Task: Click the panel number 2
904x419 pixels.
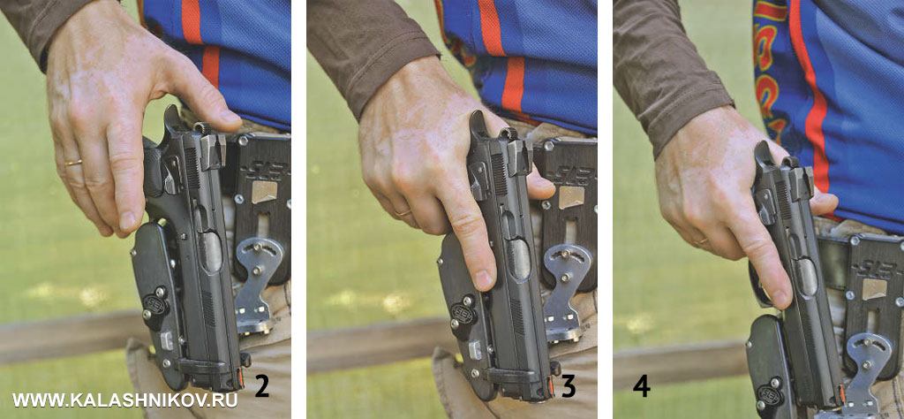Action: (261, 387)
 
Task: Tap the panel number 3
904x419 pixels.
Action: (568, 387)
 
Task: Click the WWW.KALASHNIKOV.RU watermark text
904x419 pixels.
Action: (124, 400)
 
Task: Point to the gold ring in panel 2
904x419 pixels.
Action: (73, 163)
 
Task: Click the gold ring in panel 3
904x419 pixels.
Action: (403, 213)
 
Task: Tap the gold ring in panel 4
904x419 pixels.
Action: (702, 241)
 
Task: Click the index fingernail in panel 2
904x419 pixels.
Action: (127, 222)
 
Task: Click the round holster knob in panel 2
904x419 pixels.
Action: (154, 304)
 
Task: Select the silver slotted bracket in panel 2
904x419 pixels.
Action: (259, 283)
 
